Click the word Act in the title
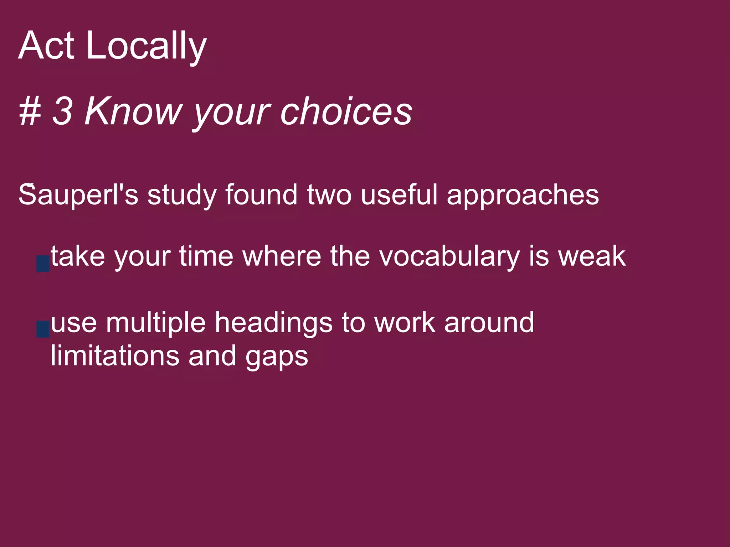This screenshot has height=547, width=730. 46,46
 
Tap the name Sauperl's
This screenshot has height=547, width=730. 78,195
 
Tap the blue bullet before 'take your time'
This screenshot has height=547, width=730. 43,264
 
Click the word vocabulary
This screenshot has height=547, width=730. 449,256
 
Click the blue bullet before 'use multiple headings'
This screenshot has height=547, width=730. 43,329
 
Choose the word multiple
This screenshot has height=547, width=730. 156,323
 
